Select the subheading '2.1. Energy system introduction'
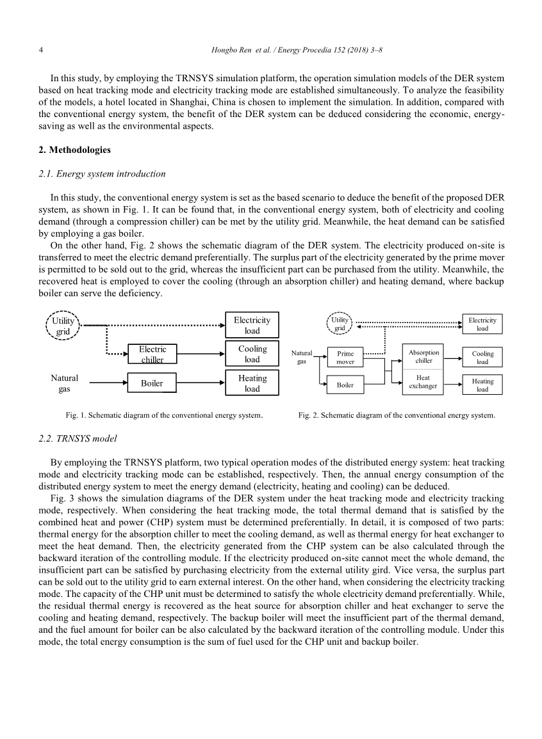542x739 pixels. pyautogui.click(x=103, y=174)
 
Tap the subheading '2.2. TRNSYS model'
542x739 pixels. pyautogui.click(x=78, y=439)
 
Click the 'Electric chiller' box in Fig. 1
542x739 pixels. pyautogui.click(x=152, y=354)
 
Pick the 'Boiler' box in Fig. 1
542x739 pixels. pyautogui.click(x=152, y=383)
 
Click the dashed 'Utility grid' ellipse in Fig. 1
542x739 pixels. pyautogui.click(x=63, y=326)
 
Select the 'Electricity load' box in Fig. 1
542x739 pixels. pyautogui.click(x=252, y=325)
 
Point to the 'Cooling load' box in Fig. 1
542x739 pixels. pyautogui.click(x=252, y=354)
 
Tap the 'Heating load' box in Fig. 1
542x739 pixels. pyautogui.click(x=252, y=383)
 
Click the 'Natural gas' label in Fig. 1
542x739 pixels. pyautogui.click(x=64, y=383)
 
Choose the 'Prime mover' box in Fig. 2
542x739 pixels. pyautogui.click(x=345, y=358)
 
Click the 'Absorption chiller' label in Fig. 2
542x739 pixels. pyautogui.click(x=423, y=356)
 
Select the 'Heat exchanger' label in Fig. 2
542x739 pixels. pyautogui.click(x=423, y=382)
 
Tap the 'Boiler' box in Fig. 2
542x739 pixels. pyautogui.click(x=345, y=385)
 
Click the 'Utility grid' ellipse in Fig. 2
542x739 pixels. pyautogui.click(x=340, y=324)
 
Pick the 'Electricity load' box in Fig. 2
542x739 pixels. pyautogui.click(x=482, y=324)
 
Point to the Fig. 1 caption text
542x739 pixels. pyautogui.click(x=164, y=415)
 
